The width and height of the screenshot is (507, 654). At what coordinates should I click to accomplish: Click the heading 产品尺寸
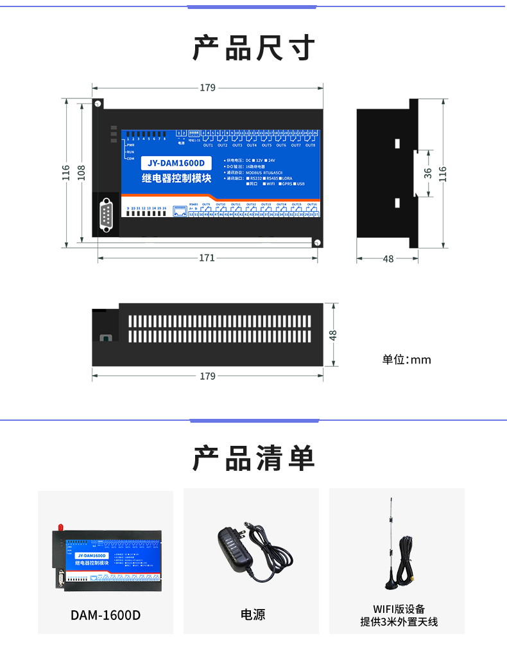click(253, 48)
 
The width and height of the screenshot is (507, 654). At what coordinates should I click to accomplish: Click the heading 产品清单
click(253, 458)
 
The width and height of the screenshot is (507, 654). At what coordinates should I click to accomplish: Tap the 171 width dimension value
click(207, 258)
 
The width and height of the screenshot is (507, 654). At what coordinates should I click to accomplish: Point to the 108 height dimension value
click(82, 172)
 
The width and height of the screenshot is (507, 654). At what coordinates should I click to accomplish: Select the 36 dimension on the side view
click(428, 173)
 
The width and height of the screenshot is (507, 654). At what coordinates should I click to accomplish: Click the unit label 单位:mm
click(407, 360)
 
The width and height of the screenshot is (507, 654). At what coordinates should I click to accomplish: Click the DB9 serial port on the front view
click(106, 214)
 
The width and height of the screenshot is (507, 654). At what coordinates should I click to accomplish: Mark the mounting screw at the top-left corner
click(98, 103)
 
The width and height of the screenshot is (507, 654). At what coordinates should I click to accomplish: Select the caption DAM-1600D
click(105, 615)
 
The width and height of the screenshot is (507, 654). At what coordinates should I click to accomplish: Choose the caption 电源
click(253, 615)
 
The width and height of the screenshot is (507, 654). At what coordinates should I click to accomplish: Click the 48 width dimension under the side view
click(388, 259)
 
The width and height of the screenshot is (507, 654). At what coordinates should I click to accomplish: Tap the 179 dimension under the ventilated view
click(207, 376)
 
